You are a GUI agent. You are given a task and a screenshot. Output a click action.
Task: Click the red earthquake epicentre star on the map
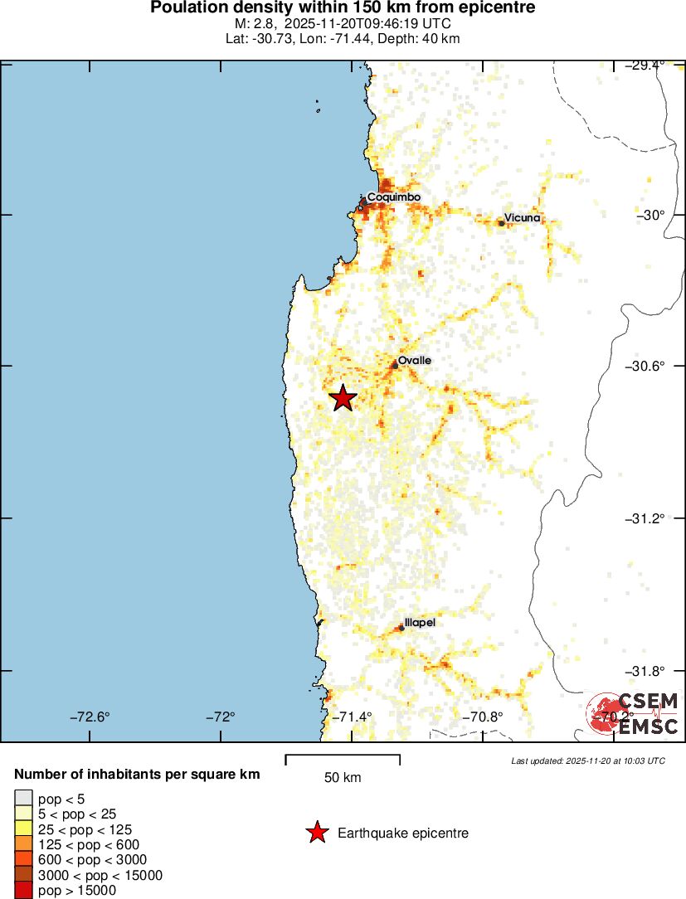343,398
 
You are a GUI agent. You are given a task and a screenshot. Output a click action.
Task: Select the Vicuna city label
522,217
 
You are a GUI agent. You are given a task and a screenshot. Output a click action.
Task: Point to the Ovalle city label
414,361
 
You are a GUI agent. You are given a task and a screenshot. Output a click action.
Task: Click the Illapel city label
419,622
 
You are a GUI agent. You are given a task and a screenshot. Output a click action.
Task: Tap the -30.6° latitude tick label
646,366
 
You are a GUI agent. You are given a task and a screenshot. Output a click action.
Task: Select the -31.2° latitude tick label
646,518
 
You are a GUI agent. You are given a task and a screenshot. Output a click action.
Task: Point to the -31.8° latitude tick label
646,670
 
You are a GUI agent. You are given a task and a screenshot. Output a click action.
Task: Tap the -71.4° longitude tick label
352,717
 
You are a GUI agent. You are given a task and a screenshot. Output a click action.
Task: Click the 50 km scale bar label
342,777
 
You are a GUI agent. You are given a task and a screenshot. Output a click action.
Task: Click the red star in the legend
316,833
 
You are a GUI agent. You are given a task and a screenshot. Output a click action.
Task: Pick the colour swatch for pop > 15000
23,891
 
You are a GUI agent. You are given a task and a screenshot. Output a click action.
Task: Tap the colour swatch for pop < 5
23,798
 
